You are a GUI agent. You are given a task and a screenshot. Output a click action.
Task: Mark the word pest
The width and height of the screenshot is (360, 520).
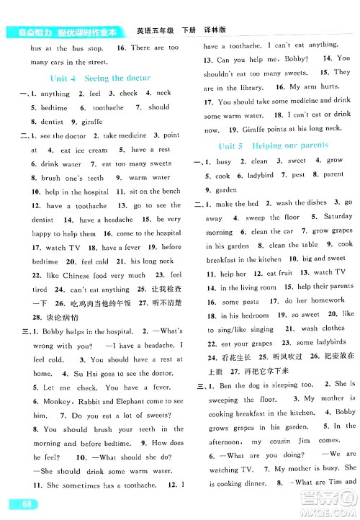[298, 175]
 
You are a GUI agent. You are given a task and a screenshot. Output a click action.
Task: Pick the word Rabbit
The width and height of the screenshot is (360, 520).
[92, 400]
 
